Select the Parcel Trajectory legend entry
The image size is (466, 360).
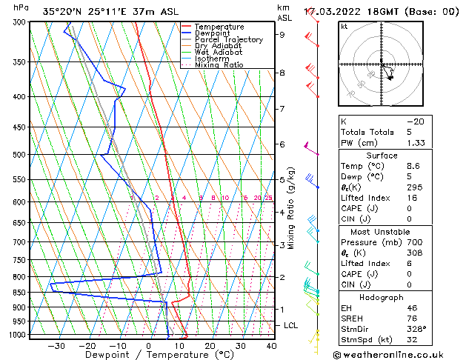coord(229,40)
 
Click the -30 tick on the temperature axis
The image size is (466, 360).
coord(56,346)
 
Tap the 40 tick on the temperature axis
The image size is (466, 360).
coord(271,346)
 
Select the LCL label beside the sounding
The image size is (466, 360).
coord(291,325)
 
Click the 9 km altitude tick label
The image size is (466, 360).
coord(282,34)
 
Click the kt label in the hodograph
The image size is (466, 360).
coord(344,27)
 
